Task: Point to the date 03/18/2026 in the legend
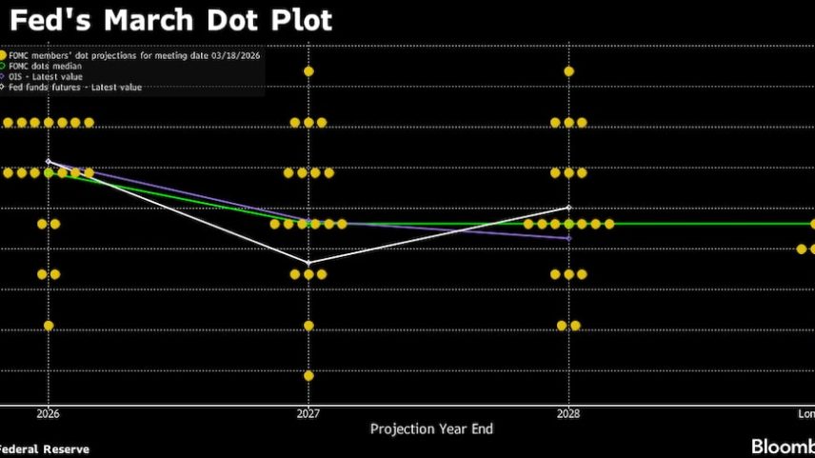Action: coord(236,56)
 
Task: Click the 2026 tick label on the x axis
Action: coord(48,414)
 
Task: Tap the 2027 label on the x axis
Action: coord(308,414)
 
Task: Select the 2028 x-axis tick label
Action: coord(568,414)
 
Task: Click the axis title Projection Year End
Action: coord(431,429)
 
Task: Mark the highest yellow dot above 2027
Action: coord(308,71)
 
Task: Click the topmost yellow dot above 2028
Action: coord(568,71)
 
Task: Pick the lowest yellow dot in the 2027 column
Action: coord(308,375)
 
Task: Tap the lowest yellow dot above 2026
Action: coord(49,326)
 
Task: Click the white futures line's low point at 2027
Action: coord(308,263)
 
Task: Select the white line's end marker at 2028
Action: coord(568,208)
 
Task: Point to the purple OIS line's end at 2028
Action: coord(568,238)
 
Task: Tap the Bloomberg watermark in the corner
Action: coord(783,447)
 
